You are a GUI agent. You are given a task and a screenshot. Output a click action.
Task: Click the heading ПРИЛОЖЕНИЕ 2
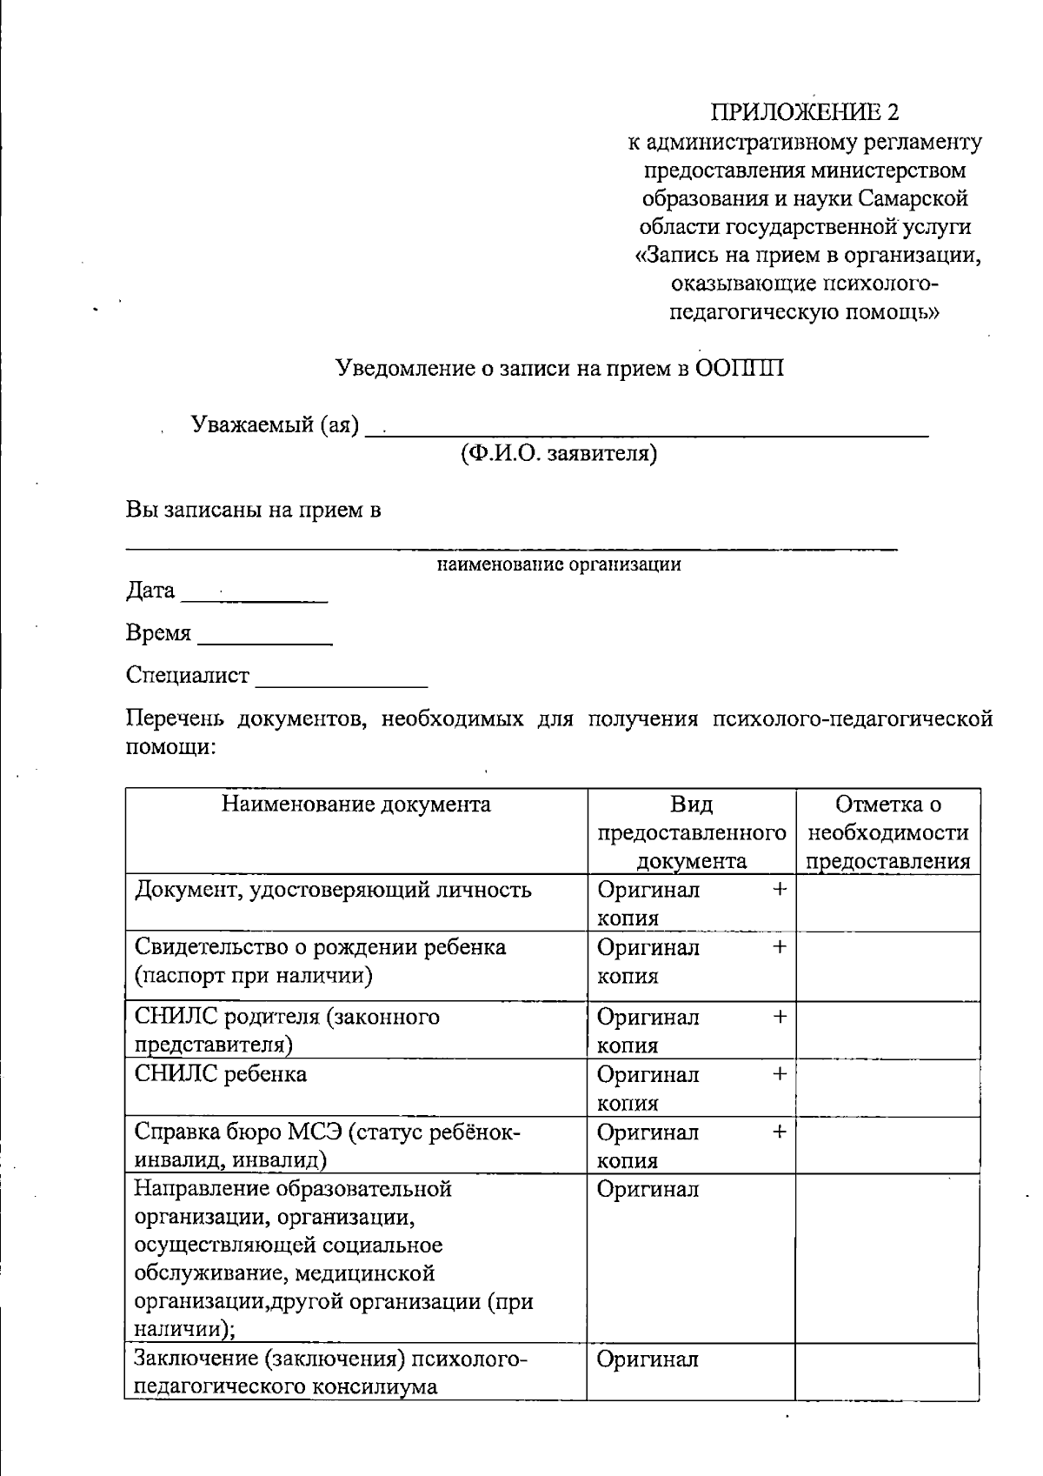tap(805, 112)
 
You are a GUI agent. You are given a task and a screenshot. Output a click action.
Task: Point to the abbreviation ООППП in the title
tap(740, 369)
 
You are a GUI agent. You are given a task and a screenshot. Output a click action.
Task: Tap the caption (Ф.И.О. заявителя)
tap(558, 453)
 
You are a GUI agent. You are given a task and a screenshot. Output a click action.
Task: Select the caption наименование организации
tap(558, 564)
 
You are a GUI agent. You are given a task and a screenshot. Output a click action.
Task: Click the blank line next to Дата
tap(254, 596)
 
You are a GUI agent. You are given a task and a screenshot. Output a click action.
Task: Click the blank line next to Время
tap(264, 638)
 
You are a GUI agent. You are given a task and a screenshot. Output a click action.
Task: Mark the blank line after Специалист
tap(341, 680)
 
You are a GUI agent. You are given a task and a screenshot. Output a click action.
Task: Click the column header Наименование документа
tap(355, 804)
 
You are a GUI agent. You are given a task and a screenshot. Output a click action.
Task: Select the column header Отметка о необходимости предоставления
tap(887, 832)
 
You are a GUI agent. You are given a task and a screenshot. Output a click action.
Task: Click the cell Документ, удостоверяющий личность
tap(333, 890)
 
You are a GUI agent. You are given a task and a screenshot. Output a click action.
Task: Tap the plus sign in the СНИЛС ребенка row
tap(780, 1073)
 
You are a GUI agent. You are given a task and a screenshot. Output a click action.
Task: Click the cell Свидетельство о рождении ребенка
tap(320, 947)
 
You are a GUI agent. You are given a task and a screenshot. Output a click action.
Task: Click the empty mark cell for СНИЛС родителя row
tap(887, 1030)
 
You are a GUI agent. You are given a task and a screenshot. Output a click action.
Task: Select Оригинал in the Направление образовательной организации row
tap(648, 1189)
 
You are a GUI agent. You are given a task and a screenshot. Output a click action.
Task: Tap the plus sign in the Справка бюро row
tap(780, 1132)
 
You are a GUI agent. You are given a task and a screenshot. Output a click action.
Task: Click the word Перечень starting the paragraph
tap(175, 719)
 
